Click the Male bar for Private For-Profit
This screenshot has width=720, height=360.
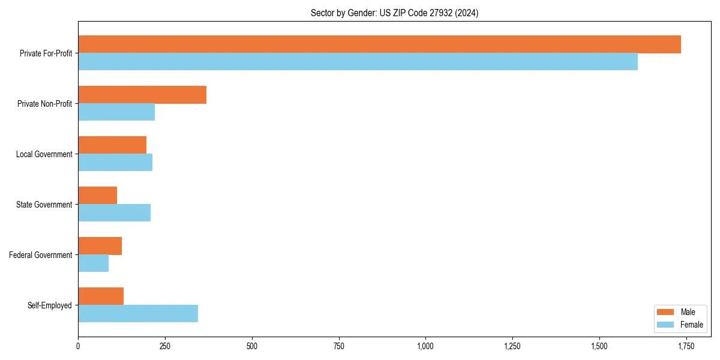pyautogui.click(x=379, y=44)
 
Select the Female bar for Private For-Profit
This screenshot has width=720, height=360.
pyautogui.click(x=358, y=62)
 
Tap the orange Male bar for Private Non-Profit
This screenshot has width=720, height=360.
pyautogui.click(x=142, y=95)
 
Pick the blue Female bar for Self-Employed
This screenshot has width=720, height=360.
pyautogui.click(x=138, y=313)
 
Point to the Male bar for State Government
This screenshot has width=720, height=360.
pyautogui.click(x=97, y=196)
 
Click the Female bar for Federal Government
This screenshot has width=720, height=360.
pyautogui.click(x=93, y=263)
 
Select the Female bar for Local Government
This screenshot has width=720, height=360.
pyautogui.click(x=115, y=163)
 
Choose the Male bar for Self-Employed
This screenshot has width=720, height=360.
pyautogui.click(x=101, y=296)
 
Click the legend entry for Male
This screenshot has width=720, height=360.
pyautogui.click(x=680, y=312)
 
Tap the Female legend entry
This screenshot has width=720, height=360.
pyautogui.click(x=682, y=325)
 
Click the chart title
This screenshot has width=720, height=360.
pyautogui.click(x=394, y=13)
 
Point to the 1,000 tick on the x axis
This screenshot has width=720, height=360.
pyautogui.click(x=425, y=346)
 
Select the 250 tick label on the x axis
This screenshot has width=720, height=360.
pyautogui.click(x=165, y=346)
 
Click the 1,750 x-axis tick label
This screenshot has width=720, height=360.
pyautogui.click(x=686, y=346)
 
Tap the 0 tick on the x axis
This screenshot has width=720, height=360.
pyautogui.click(x=78, y=346)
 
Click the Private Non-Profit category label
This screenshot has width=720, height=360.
pyautogui.click(x=44, y=104)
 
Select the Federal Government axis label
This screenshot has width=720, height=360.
pyautogui.click(x=41, y=255)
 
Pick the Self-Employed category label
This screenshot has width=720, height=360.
pyautogui.click(x=49, y=305)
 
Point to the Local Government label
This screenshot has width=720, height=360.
pyautogui.click(x=44, y=154)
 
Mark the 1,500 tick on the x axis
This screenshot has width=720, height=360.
pyautogui.click(x=599, y=346)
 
